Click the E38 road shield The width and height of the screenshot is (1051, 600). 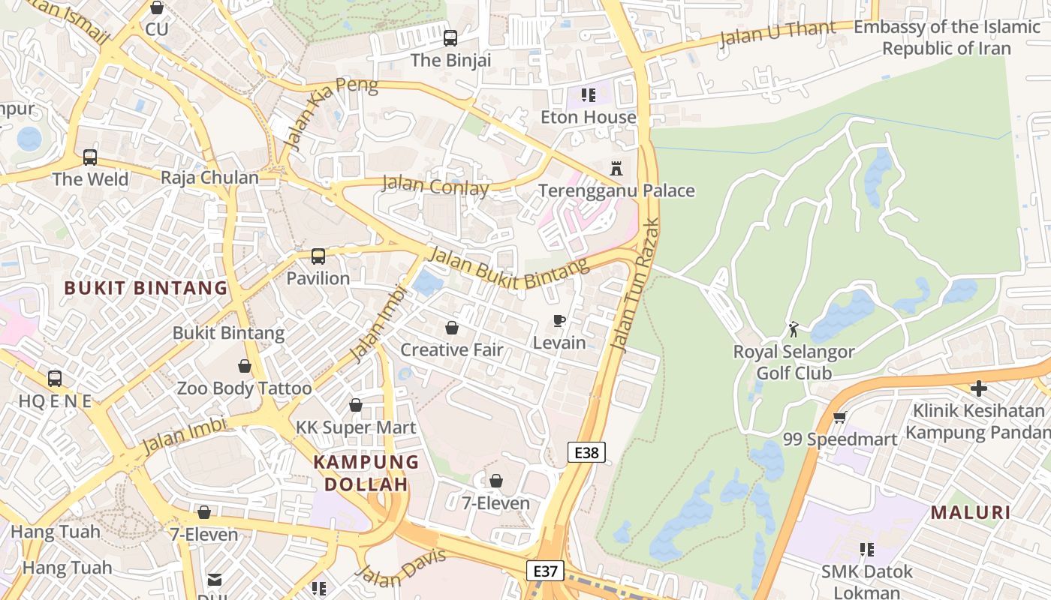(586, 452)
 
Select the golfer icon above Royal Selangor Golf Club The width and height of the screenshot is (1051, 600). (794, 328)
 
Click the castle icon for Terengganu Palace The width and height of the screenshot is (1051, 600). (616, 168)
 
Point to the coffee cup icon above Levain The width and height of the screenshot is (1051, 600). (559, 321)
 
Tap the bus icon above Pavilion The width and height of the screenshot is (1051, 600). (318, 256)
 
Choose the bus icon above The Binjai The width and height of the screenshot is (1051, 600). (450, 38)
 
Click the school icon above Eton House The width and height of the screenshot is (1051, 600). (589, 95)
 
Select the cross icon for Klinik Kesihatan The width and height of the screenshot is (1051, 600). (978, 388)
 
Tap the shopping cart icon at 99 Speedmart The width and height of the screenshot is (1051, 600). (839, 417)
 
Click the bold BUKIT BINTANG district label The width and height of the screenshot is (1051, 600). (146, 288)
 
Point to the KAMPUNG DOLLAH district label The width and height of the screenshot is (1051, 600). (366, 472)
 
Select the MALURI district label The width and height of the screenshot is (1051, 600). (970, 513)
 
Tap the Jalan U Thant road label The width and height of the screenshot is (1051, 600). (777, 34)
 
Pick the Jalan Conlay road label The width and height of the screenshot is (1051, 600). (435, 185)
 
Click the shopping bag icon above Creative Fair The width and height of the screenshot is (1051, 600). (452, 328)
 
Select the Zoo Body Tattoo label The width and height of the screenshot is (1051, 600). (244, 388)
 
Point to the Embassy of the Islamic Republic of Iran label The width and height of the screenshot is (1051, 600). (946, 37)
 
